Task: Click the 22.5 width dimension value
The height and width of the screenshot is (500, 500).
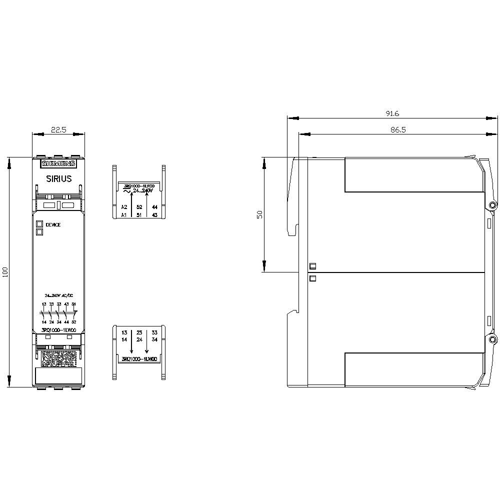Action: tap(58, 129)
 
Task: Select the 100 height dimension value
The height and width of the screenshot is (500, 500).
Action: tap(5, 272)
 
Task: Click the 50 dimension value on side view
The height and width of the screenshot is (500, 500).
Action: tap(258, 214)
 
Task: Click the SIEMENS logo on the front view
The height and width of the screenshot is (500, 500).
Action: tap(58, 163)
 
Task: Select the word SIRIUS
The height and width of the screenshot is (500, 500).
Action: tap(58, 178)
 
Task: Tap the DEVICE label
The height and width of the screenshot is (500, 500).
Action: tap(53, 225)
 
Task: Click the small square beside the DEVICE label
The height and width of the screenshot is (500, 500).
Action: tap(39, 224)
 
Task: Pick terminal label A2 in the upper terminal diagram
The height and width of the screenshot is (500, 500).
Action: tap(124, 206)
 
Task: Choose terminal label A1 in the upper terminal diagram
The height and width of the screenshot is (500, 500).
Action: tap(124, 215)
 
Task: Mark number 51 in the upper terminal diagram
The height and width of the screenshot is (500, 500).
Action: tap(139, 215)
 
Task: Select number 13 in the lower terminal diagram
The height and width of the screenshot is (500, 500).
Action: tap(124, 332)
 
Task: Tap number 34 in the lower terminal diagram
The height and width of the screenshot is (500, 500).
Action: tap(154, 340)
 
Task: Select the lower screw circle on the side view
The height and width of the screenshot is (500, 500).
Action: tap(492, 340)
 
